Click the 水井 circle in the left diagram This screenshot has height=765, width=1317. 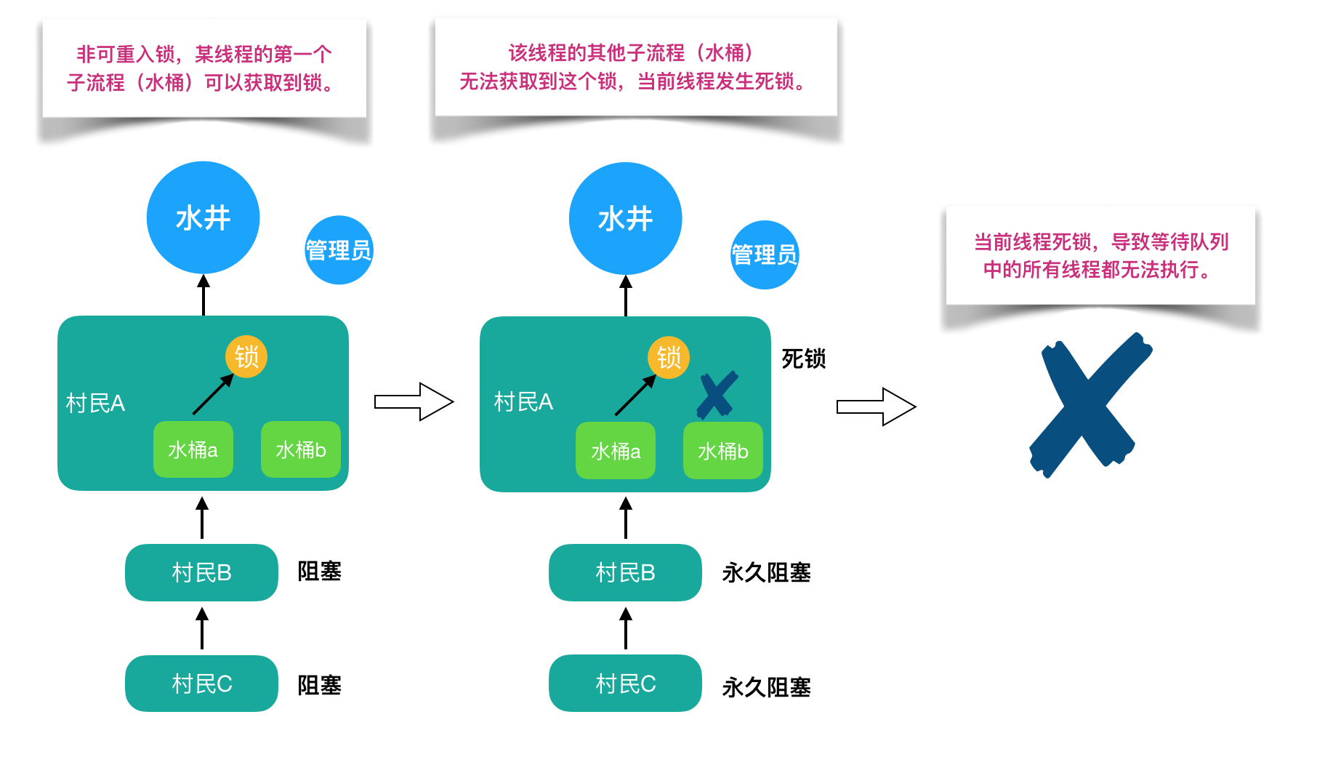click(x=203, y=217)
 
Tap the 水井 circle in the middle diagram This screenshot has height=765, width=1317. click(x=625, y=218)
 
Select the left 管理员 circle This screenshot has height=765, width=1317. click(x=339, y=250)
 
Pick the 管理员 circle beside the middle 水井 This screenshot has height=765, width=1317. click(x=764, y=255)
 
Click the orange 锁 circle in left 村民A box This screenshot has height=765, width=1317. click(x=246, y=356)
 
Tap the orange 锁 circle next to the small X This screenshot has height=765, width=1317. click(x=669, y=357)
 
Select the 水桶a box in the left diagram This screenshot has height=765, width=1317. click(x=193, y=449)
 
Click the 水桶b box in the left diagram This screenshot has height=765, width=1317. click(x=300, y=449)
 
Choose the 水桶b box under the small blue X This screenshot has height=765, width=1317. click(x=722, y=451)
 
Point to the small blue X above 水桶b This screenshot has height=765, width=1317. click(x=717, y=395)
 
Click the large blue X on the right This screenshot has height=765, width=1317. click(x=1088, y=404)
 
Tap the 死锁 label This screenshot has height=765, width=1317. click(x=803, y=359)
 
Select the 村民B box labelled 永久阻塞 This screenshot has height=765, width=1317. click(x=625, y=572)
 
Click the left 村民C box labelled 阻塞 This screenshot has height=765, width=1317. click(x=201, y=684)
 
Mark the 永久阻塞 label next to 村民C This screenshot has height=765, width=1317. click(x=766, y=686)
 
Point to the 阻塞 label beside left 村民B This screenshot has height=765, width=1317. click(x=319, y=571)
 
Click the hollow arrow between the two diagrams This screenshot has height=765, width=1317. click(x=414, y=401)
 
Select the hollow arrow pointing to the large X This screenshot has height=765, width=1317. click(x=876, y=406)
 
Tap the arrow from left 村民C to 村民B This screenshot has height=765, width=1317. click(x=202, y=629)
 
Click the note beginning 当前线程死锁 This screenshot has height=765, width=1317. click(x=1100, y=255)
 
